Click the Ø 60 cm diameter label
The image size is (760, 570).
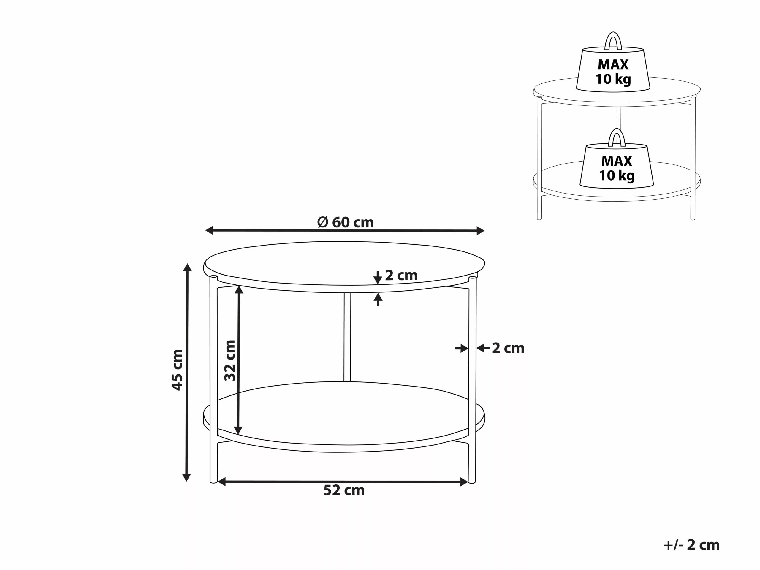point(345,223)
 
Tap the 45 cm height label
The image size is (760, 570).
point(177,370)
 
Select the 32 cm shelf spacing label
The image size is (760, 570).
point(230,360)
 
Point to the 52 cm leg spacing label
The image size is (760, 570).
point(344,490)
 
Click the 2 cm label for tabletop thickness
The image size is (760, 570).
point(401,275)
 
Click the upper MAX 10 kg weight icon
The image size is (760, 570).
point(613,70)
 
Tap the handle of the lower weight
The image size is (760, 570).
point(617,137)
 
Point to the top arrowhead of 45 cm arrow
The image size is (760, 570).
point(187,268)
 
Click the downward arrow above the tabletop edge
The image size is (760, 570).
point(378,278)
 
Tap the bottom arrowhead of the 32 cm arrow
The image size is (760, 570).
point(238,430)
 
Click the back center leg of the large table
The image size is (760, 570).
point(347,337)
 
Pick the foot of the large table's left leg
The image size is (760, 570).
point(213,481)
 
